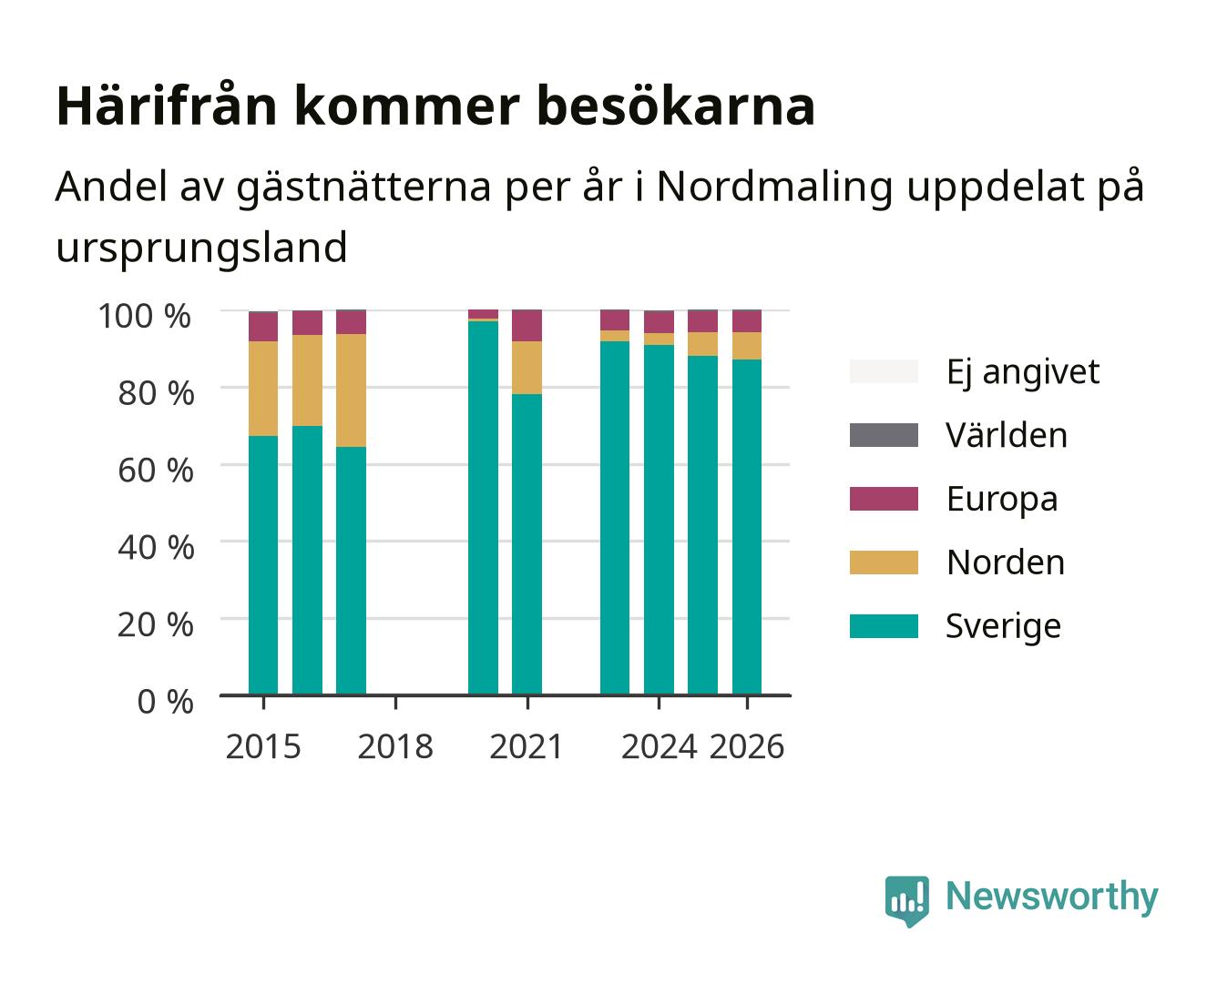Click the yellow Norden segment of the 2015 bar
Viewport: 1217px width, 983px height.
pyautogui.click(x=263, y=388)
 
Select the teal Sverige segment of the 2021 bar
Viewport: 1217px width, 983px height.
pyautogui.click(x=527, y=544)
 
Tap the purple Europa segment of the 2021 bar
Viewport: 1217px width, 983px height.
pyautogui.click(x=527, y=325)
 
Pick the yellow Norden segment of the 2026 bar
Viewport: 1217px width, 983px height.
pyautogui.click(x=747, y=345)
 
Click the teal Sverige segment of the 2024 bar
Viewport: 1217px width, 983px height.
pyautogui.click(x=659, y=520)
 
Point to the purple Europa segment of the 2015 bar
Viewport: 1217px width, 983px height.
pyautogui.click(x=263, y=327)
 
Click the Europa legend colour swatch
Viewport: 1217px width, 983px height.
pyautogui.click(x=884, y=499)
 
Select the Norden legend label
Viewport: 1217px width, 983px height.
pyautogui.click(x=1006, y=562)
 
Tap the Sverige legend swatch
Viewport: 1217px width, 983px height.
pyautogui.click(x=884, y=625)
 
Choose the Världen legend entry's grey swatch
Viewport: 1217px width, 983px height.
pyautogui.click(x=884, y=435)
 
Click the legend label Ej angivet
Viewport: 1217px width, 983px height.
pyautogui.click(x=1023, y=373)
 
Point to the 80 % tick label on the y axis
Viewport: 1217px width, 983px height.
pyautogui.click(x=156, y=393)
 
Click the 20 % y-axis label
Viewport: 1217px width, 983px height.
pyautogui.click(x=156, y=624)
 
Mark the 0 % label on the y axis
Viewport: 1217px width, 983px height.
pyautogui.click(x=165, y=702)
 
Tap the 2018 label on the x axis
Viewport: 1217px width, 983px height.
pyautogui.click(x=395, y=746)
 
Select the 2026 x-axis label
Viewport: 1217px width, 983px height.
pyautogui.click(x=747, y=746)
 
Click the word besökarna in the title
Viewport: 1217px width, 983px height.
pyautogui.click(x=676, y=106)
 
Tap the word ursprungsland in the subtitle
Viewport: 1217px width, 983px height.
pyautogui.click(x=201, y=248)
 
